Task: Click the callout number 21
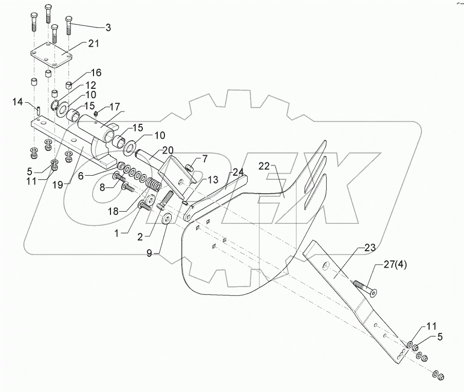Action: click(x=93, y=44)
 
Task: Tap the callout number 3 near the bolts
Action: click(x=108, y=27)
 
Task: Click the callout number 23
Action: click(x=370, y=248)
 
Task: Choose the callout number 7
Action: click(x=204, y=159)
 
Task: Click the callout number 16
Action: click(x=97, y=72)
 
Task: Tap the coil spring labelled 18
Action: click(x=154, y=182)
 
